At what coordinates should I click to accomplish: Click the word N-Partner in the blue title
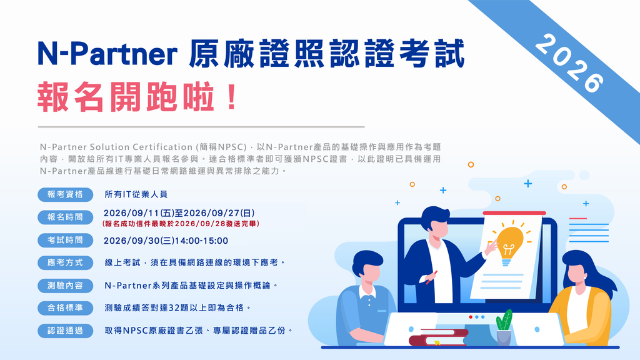(107, 54)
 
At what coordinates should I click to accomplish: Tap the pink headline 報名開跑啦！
(137, 97)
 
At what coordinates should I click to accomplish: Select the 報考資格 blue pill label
(65, 194)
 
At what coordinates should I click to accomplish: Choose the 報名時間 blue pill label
(65, 217)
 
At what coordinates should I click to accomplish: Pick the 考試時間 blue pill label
(65, 240)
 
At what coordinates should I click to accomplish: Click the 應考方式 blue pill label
(65, 262)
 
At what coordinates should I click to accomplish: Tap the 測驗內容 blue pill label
(65, 285)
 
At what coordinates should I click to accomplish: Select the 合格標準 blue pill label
(65, 307)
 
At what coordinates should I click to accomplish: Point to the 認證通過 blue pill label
(65, 331)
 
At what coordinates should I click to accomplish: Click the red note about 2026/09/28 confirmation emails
(181, 224)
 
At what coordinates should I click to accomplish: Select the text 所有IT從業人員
(136, 194)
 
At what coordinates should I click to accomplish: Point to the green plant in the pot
(504, 320)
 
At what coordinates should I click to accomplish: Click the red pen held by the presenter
(432, 277)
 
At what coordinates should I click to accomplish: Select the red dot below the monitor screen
(471, 317)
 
